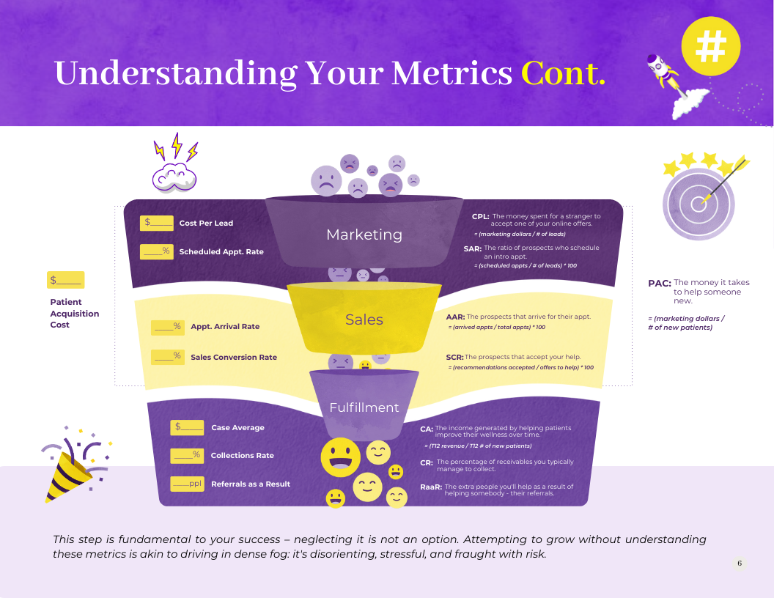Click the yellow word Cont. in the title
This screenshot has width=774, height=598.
coord(563,73)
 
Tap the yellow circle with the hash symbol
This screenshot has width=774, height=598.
coord(711,46)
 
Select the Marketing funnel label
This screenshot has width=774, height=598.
coord(364,235)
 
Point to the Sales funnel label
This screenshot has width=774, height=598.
coord(364,320)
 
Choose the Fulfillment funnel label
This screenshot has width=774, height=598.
coord(364,407)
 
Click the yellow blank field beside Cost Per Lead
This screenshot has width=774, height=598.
coord(156,223)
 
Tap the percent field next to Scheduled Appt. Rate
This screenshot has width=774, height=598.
coord(156,251)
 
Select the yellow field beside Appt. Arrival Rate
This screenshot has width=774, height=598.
coord(168,327)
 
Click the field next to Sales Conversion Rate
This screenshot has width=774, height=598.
coord(168,357)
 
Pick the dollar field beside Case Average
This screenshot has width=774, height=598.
coord(187,427)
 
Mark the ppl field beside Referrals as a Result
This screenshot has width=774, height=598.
coord(187,484)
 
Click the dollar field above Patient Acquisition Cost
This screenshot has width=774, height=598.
coord(66,280)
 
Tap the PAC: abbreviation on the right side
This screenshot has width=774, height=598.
coord(660,283)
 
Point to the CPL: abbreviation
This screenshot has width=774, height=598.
coord(480,217)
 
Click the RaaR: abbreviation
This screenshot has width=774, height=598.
coord(431,487)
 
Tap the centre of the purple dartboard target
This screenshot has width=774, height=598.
coord(699,203)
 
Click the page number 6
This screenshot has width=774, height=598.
coord(740,563)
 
